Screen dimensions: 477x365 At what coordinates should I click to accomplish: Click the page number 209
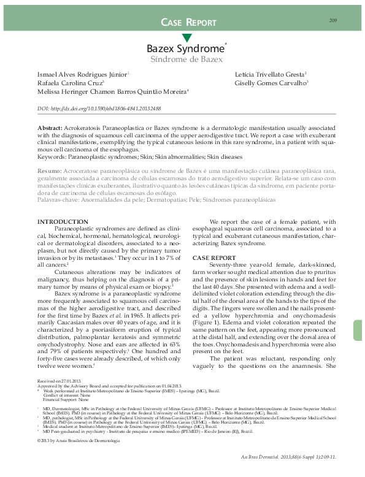tap(333, 20)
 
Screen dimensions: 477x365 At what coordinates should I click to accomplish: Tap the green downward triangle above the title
tap(187, 39)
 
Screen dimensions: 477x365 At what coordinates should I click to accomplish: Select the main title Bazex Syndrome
tap(185, 48)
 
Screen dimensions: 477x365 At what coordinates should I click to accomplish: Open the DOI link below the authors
tap(99, 109)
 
